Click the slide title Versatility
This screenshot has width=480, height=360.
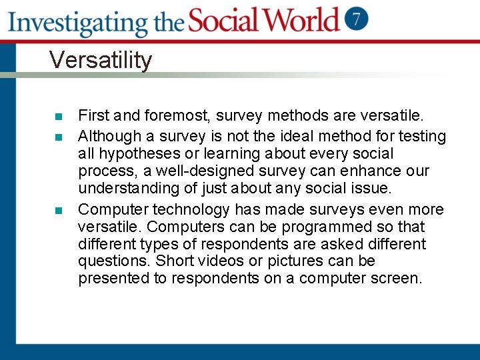(x=101, y=60)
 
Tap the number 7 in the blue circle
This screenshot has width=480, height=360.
(x=356, y=19)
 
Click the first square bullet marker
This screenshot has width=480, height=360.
(x=58, y=117)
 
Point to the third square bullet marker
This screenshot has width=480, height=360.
(x=58, y=211)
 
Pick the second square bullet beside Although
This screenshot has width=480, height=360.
(x=58, y=137)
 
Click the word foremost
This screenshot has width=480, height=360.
(x=175, y=117)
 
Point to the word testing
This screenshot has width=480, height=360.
(x=421, y=137)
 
